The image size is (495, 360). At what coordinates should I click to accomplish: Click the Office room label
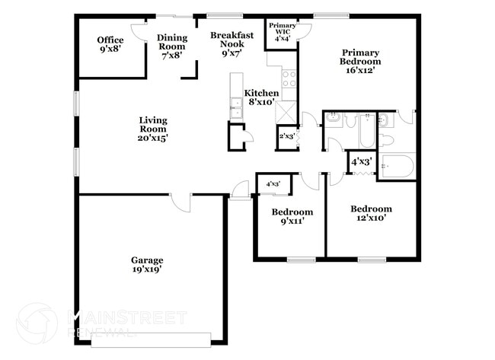[110, 44]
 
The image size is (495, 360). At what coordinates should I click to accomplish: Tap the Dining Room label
[172, 46]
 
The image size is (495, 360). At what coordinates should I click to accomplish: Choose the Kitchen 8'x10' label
[261, 97]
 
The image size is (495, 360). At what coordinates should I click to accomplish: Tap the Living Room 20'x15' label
[153, 129]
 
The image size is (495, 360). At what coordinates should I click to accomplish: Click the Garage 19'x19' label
[147, 264]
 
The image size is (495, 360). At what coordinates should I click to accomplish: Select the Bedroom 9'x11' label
[292, 216]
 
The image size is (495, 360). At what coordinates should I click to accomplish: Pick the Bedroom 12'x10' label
[372, 213]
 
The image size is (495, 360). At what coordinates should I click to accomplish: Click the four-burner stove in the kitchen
[289, 79]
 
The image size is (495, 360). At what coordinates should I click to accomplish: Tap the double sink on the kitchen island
[236, 107]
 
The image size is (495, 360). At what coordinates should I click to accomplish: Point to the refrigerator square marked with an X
[286, 113]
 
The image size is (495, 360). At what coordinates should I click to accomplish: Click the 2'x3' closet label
[287, 136]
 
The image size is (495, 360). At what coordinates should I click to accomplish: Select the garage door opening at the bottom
[151, 340]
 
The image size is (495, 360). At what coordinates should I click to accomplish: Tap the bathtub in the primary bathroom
[397, 166]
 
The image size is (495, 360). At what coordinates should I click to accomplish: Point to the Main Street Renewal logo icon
[37, 323]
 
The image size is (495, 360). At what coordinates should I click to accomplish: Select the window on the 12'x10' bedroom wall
[372, 260]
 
